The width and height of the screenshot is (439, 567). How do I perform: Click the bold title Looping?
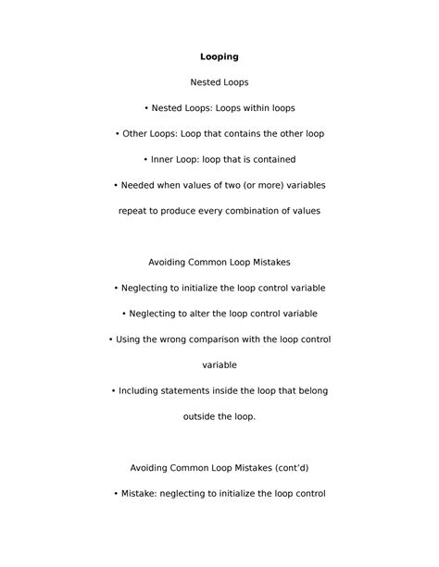(219, 57)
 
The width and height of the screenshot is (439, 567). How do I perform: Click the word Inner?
(164, 159)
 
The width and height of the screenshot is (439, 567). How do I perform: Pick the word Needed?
(137, 185)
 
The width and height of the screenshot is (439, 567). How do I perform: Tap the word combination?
(255, 211)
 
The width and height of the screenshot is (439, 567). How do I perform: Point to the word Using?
(131, 339)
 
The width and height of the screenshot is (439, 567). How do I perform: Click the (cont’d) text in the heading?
(285, 468)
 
